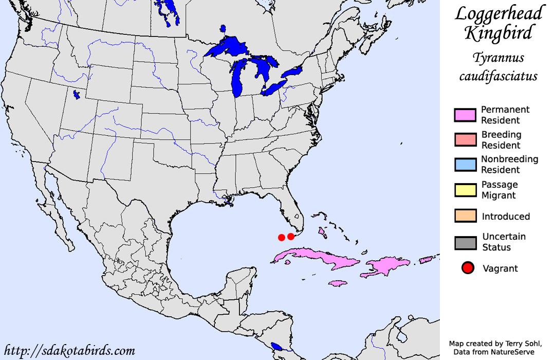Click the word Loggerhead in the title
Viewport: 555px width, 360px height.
498,14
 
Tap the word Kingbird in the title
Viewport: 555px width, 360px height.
497,34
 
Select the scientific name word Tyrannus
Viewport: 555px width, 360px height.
497,59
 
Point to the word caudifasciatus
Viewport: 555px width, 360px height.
497,77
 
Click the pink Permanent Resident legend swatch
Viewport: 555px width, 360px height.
465,115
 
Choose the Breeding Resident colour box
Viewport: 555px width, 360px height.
465,140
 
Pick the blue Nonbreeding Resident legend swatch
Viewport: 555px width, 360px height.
465,165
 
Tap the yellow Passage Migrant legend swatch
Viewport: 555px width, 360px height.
465,190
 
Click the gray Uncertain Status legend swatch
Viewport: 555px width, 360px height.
465,242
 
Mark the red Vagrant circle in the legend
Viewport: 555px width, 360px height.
468,268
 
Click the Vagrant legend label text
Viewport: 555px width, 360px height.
500,268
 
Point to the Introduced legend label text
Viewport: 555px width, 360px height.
505,217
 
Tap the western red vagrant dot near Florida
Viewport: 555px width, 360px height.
281,237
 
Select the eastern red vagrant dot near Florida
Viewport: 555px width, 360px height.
291,236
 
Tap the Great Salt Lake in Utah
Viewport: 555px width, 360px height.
76,95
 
